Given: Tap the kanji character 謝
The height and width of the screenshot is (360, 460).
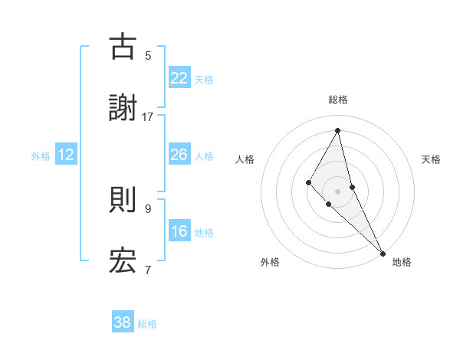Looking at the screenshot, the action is [x=123, y=109].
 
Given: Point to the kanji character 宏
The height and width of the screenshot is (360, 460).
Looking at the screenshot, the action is [x=123, y=262].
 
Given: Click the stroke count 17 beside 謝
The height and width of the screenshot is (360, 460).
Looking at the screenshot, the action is [x=148, y=117].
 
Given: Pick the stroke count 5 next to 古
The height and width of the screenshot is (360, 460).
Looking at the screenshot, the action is [x=148, y=55].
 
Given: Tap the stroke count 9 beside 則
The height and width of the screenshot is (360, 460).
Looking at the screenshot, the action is [x=148, y=208].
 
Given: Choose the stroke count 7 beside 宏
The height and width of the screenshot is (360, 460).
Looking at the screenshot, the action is [x=148, y=270].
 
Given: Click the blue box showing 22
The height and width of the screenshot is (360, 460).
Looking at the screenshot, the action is [x=179, y=78].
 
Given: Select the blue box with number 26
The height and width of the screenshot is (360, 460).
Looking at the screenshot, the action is [x=179, y=155].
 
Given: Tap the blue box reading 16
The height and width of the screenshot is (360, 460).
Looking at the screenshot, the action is [x=179, y=231].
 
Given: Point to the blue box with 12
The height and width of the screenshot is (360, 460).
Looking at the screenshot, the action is [x=66, y=155].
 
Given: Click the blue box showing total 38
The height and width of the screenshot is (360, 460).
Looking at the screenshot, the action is [x=123, y=322].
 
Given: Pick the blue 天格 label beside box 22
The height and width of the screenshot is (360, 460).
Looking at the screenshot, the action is [x=204, y=80].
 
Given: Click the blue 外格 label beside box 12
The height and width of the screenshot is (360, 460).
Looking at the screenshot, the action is [x=41, y=156].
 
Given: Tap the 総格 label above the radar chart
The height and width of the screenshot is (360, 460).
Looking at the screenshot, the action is [x=338, y=100].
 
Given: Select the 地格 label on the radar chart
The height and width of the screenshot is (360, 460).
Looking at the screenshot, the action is [x=402, y=262].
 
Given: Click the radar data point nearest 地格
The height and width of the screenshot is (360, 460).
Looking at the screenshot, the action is [x=383, y=253].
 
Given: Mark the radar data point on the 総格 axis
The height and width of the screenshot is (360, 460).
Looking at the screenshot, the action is [x=338, y=130].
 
